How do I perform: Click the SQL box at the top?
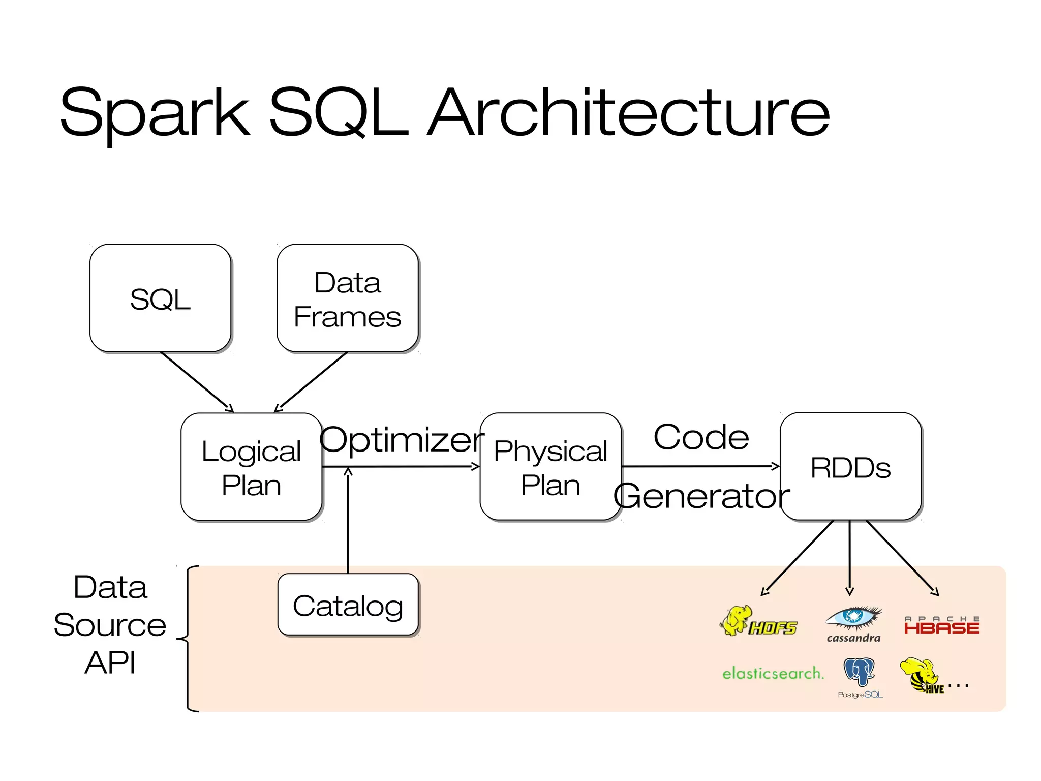pyautogui.click(x=161, y=298)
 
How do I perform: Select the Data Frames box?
pyautogui.click(x=348, y=298)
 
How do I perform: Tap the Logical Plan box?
pyautogui.click(x=252, y=467)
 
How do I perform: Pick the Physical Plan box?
pyautogui.click(x=550, y=467)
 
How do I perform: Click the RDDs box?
pyautogui.click(x=851, y=467)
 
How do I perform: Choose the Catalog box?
pyautogui.click(x=348, y=605)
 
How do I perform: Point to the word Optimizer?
pyautogui.click(x=402, y=440)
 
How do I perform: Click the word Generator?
pyautogui.click(x=702, y=496)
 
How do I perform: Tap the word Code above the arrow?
pyautogui.click(x=701, y=437)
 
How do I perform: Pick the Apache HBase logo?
pyautogui.click(x=942, y=625)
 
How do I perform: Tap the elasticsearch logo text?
pyautogui.click(x=773, y=673)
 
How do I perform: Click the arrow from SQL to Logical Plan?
pyautogui.click(x=197, y=382)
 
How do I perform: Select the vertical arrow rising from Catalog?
pyautogui.click(x=348, y=521)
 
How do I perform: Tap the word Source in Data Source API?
pyautogui.click(x=110, y=625)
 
